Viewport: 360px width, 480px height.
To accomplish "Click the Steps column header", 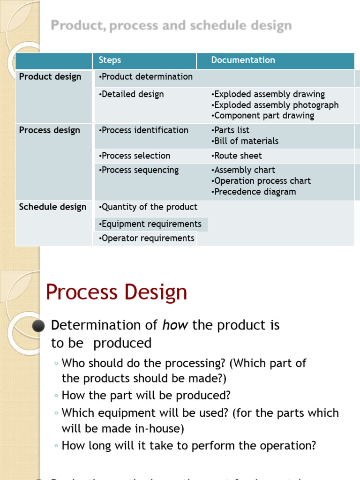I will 110,60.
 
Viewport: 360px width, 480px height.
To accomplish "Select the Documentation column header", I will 243,60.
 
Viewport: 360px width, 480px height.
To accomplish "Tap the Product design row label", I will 50,77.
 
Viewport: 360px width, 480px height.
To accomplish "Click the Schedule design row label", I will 52,207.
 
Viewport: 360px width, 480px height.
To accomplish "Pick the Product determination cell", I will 146,77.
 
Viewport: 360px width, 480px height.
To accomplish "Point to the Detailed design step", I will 132,94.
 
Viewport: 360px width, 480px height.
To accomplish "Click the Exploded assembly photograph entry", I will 275,105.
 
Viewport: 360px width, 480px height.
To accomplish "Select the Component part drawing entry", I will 262,116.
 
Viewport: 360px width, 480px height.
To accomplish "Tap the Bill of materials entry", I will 245,141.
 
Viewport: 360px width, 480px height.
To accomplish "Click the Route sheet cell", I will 237,156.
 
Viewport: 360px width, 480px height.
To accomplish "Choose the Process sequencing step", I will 139,170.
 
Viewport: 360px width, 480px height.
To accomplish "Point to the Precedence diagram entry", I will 254,192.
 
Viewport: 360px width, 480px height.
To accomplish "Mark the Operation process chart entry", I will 261,181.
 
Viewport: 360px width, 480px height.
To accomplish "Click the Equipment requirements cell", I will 150,224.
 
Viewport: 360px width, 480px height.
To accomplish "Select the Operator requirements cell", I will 147,238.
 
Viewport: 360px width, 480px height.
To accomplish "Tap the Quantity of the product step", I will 148,207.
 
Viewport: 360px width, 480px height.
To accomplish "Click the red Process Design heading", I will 116,292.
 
